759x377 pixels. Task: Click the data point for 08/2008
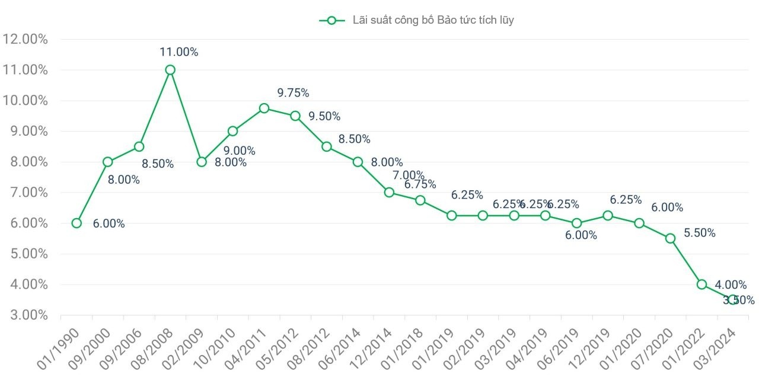170,70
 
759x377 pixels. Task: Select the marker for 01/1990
76,223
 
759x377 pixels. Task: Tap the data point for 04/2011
264,108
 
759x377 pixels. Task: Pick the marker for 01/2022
701,285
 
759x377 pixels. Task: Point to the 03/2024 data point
733,300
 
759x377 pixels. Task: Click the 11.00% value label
178,52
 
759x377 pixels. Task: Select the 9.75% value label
293,93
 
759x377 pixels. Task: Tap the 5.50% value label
700,233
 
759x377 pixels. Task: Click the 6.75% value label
420,184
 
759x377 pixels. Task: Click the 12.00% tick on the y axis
25,40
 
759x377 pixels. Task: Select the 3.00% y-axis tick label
25,315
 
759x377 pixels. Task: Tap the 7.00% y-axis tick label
25,193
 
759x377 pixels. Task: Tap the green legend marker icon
332,20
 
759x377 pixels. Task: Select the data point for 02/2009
202,162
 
